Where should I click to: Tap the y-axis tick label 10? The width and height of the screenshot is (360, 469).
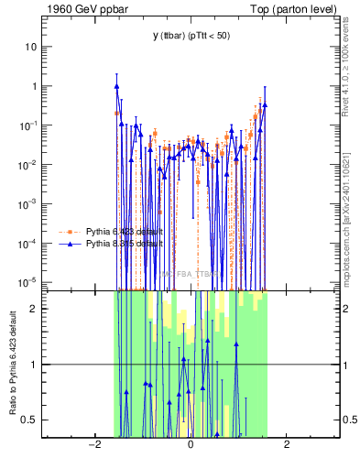click(x=30, y=47)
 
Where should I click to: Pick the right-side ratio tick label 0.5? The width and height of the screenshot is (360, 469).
click(x=350, y=420)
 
